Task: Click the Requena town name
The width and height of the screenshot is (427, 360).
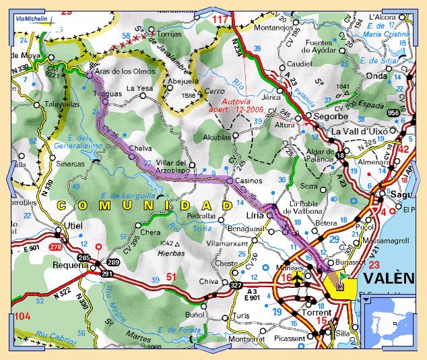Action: point(70,265)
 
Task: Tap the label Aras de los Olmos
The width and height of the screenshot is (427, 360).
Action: point(126,71)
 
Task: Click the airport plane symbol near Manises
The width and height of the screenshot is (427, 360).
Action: point(300,281)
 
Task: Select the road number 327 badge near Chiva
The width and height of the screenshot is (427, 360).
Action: point(236,286)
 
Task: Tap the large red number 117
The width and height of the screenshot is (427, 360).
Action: point(221,20)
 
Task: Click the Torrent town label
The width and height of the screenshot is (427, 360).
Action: point(317,313)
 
